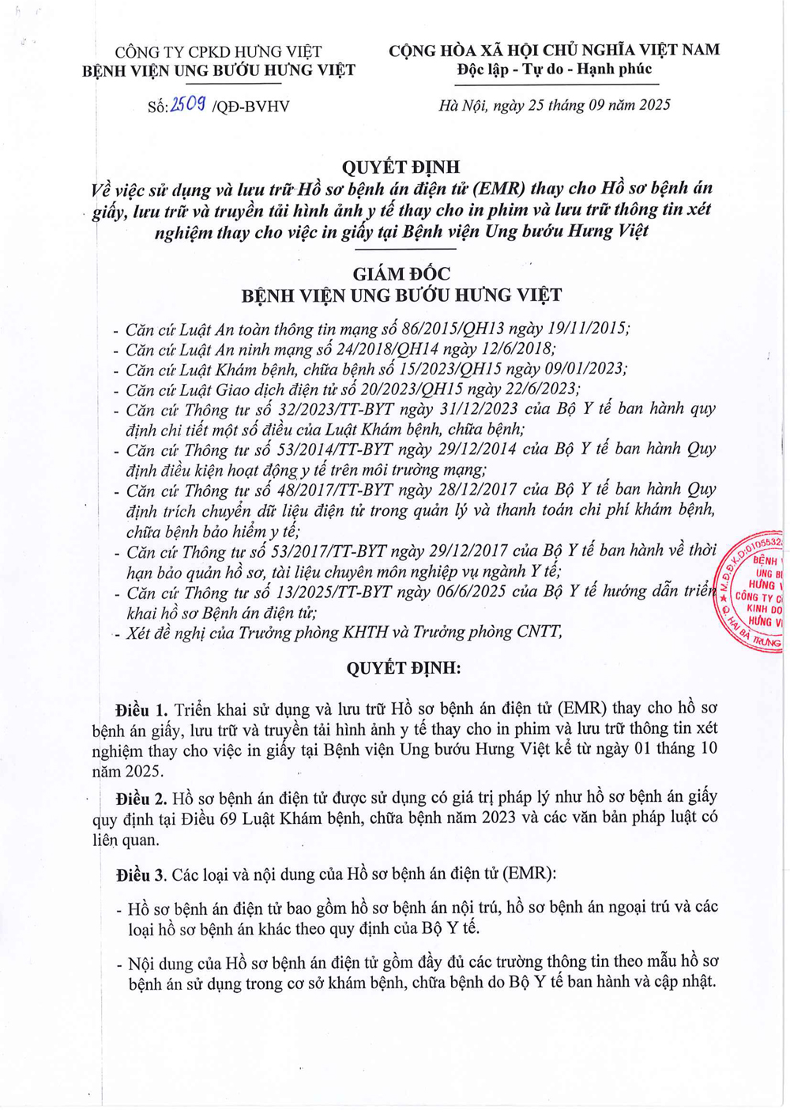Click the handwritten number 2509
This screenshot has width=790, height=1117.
pos(188,103)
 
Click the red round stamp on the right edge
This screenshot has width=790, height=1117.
pos(751,592)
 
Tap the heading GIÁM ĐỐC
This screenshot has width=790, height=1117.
pos(401,274)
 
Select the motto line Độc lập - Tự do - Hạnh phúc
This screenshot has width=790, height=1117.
pos(554,70)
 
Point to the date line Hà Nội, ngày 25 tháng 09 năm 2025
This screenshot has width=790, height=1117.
pos(555,105)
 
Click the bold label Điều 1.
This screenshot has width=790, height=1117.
pos(141,709)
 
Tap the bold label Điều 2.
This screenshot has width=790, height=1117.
pos(141,798)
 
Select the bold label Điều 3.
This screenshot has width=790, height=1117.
pos(141,874)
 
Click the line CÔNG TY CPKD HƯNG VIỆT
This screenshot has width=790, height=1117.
pos(219,52)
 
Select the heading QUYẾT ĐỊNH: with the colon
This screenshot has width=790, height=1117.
pos(404,668)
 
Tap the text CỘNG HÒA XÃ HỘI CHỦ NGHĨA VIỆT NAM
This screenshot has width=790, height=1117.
pos(554,51)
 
